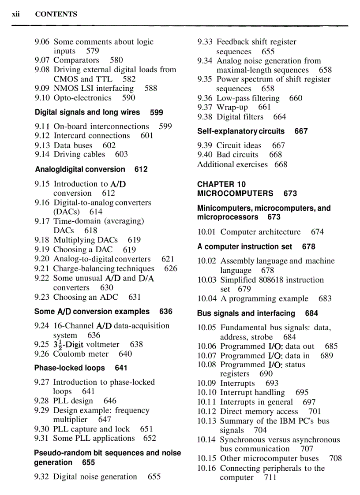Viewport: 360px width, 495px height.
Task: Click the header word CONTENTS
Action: click(x=56, y=14)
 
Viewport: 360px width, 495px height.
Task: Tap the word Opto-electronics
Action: click(x=82, y=98)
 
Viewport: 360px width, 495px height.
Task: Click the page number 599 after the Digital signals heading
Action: click(x=157, y=112)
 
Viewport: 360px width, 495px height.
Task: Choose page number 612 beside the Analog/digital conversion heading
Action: click(x=141, y=169)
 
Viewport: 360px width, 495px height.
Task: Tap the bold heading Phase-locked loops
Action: click(x=70, y=368)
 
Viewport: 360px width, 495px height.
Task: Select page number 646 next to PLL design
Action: click(x=110, y=401)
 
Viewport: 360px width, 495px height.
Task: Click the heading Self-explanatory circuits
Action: click(x=241, y=131)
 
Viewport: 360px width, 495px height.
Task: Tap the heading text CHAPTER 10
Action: click(x=221, y=184)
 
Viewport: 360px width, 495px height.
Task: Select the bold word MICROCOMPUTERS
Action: click(x=235, y=194)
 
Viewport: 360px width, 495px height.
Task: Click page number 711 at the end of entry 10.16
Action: click(x=270, y=478)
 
